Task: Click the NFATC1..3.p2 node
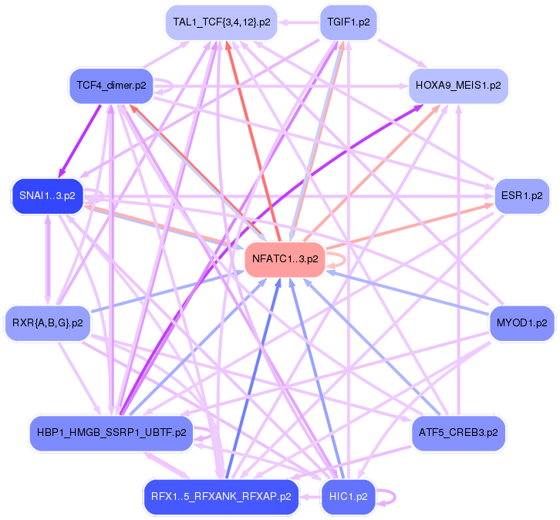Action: coord(285,259)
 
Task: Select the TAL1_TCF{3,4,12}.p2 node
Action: coord(221,22)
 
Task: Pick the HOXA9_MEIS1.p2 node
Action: coord(458,84)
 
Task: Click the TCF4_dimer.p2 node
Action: coord(111,84)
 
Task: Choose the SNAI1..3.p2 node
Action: coord(47,196)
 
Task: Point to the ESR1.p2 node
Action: coord(521,196)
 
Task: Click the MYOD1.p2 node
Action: coord(522,322)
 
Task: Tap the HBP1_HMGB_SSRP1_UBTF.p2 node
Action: coord(111,433)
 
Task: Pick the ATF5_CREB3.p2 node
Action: coord(458,433)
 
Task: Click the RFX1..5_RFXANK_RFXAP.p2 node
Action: coord(221,496)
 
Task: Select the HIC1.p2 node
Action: coord(347,496)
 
